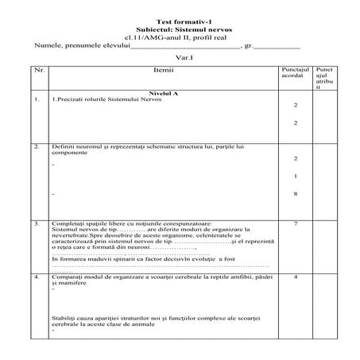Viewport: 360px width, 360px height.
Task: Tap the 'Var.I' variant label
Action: tap(184, 58)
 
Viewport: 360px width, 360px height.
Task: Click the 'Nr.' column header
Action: tap(39, 70)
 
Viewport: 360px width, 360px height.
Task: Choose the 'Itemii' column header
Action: tap(163, 70)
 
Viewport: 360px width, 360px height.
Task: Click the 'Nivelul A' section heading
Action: tap(163, 93)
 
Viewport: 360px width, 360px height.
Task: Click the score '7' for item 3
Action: tap(295, 224)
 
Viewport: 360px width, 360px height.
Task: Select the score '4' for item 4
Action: tap(295, 277)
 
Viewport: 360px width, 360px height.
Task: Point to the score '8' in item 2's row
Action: tap(295, 193)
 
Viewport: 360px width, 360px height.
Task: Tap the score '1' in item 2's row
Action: tap(295, 176)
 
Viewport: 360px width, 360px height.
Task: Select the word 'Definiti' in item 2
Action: tap(61, 147)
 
